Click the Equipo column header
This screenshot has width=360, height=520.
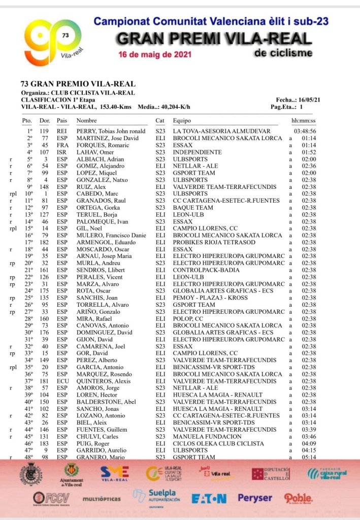tap(182, 121)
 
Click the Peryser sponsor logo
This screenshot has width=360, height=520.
tap(255, 498)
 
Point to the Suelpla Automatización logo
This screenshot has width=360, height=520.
tap(156, 498)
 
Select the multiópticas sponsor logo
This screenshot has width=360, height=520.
tap(102, 499)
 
